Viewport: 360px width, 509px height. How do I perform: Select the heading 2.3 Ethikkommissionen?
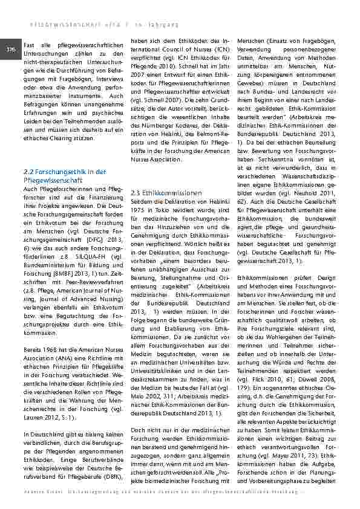point(166,193)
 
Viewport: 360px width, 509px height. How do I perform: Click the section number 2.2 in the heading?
point(27,172)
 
